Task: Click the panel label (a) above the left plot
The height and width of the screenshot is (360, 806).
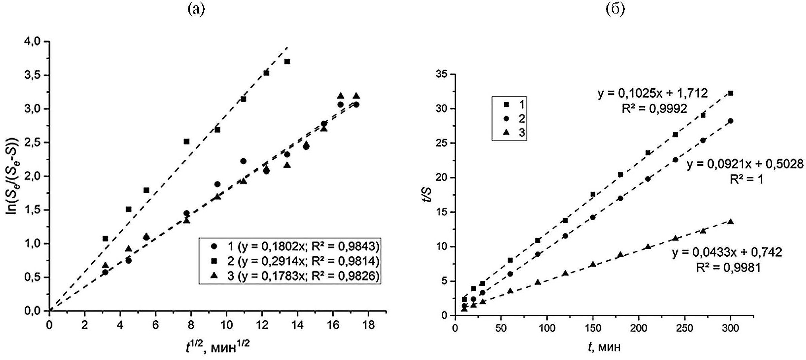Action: [196, 9]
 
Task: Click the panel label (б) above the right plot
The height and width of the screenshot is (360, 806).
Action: [615, 9]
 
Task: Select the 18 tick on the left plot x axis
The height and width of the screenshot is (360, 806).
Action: [368, 325]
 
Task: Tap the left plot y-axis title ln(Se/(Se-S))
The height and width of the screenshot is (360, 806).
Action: [14, 176]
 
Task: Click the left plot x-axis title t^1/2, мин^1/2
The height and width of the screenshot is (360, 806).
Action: [217, 347]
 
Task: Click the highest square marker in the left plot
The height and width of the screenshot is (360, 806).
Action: [287, 62]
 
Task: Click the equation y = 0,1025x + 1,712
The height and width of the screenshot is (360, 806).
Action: [653, 93]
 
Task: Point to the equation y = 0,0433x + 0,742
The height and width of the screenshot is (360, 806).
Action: [727, 252]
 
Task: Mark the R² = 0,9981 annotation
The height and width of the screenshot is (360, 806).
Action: [728, 267]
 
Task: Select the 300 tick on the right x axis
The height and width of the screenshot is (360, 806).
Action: [730, 328]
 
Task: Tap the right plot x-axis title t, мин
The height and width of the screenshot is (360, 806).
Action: [604, 347]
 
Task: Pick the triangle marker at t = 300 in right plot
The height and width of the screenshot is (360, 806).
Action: [730, 222]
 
